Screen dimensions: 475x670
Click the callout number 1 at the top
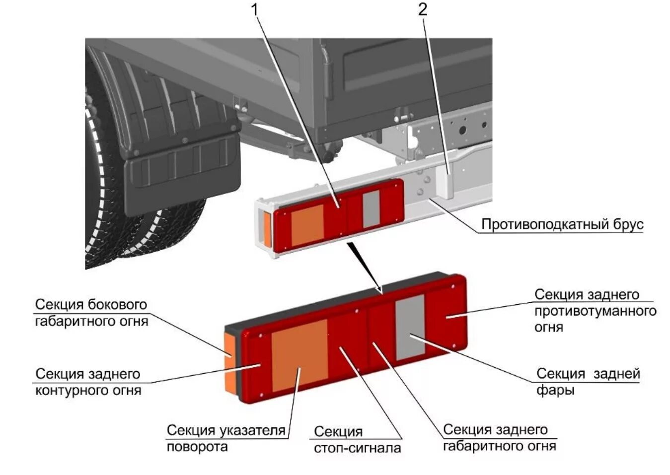[256, 9]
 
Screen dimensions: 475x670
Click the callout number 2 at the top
[422, 9]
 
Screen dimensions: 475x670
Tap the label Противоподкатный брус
[562, 225]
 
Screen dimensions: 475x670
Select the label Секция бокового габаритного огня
[91, 313]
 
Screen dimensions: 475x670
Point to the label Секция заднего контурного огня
[88, 382]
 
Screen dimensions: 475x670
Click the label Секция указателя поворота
[226, 438]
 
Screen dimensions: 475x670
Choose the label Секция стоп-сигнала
[357, 440]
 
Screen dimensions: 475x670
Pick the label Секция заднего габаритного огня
[499, 438]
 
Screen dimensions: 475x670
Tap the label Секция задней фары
[588, 382]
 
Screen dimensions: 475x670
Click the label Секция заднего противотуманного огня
[595, 311]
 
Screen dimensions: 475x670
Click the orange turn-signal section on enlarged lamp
[299, 355]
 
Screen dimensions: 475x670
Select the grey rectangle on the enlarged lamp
[410, 327]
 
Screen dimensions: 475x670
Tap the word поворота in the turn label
[197, 447]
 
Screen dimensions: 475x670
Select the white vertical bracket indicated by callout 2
[444, 181]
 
